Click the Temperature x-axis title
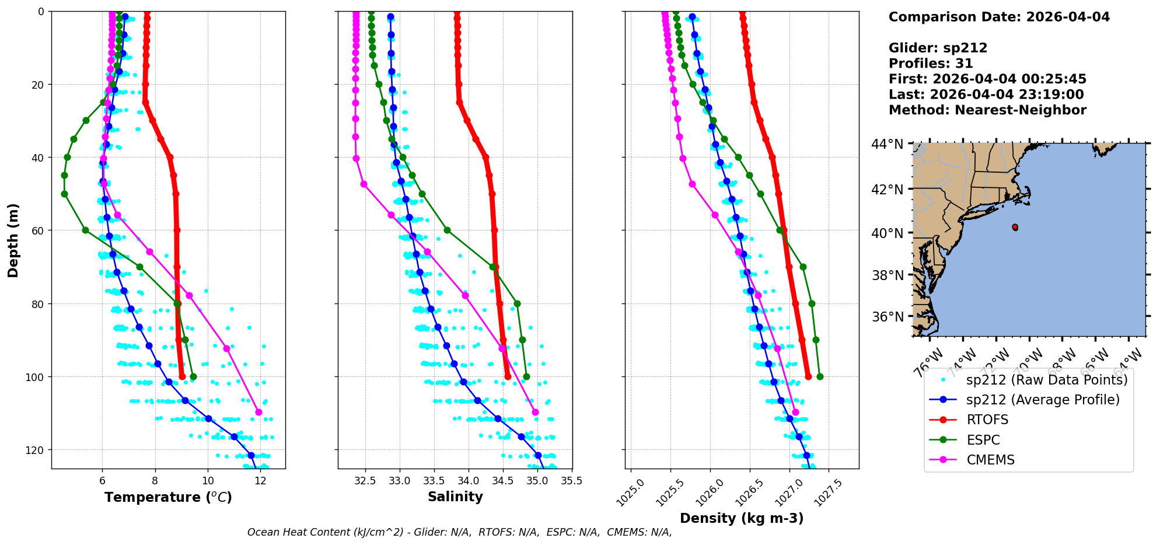(168, 497)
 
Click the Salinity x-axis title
(455, 497)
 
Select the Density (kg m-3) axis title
(742, 518)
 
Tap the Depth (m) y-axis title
(13, 240)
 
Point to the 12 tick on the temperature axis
(261, 481)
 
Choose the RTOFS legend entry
(987, 420)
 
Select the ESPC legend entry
(983, 440)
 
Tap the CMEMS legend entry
(990, 460)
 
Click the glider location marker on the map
(1015, 227)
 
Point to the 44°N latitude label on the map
(887, 144)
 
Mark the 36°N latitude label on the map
(887, 317)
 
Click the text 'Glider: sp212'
(938, 48)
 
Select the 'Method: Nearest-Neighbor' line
(987, 110)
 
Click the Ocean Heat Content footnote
(459, 532)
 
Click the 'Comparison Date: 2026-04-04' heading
(999, 17)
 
